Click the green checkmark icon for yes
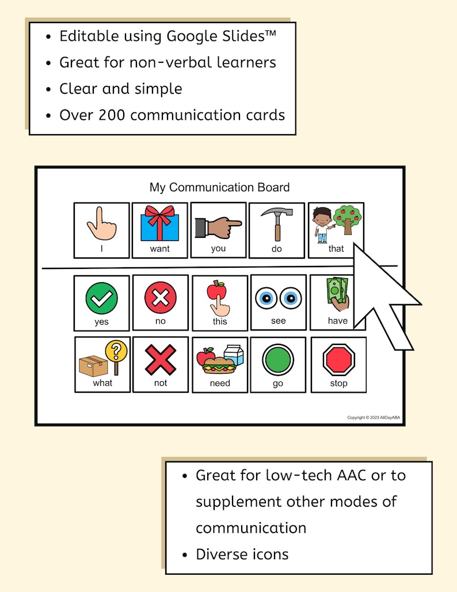101,299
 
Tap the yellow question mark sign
117,351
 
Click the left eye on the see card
268,298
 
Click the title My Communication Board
219,187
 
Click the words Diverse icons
242,555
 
